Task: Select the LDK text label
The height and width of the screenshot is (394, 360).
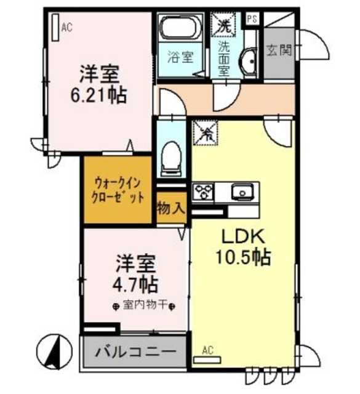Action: pyautogui.click(x=242, y=237)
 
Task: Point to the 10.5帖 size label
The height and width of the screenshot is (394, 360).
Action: pyautogui.click(x=242, y=258)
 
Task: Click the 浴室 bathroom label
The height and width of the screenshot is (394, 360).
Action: pyautogui.click(x=180, y=57)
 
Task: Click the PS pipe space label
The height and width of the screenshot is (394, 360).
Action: pyautogui.click(x=252, y=18)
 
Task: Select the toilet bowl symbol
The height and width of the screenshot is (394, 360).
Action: pyautogui.click(x=170, y=158)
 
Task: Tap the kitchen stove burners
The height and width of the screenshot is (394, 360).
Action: pyautogui.click(x=202, y=192)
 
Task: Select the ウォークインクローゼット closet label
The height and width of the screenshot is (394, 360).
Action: pyautogui.click(x=119, y=190)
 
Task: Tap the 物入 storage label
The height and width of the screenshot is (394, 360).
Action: pyautogui.click(x=170, y=208)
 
